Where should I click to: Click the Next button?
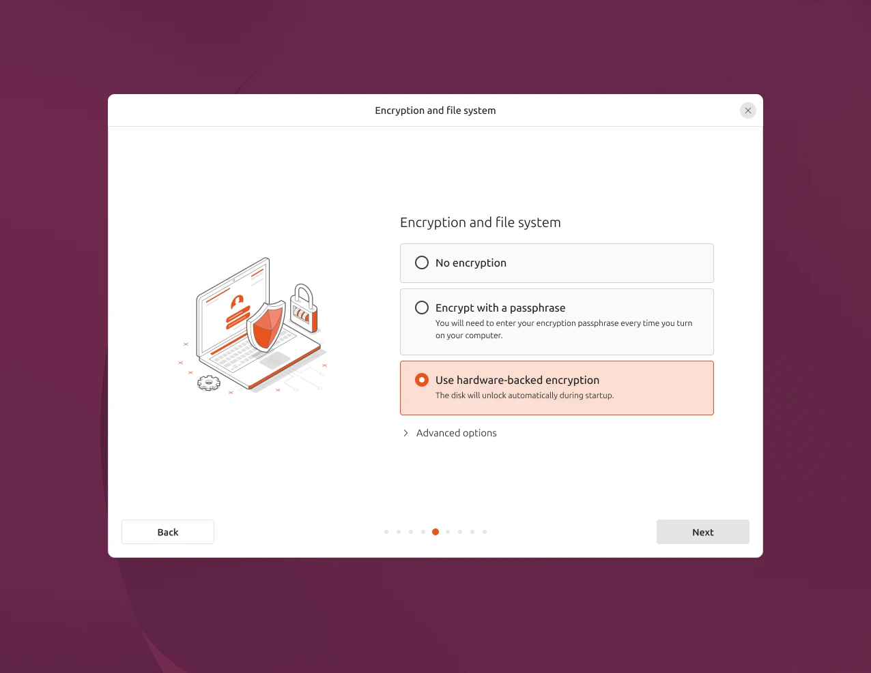(x=702, y=532)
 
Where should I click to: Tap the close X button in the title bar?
(x=748, y=110)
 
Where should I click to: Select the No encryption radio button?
(x=422, y=263)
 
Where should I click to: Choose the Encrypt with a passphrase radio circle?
(x=422, y=308)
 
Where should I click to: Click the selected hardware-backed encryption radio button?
(x=422, y=380)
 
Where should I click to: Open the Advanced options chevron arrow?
(x=405, y=433)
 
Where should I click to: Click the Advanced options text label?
(x=456, y=433)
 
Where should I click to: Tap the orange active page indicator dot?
(x=435, y=532)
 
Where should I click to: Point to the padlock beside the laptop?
(x=304, y=308)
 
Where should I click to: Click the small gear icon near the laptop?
(x=209, y=383)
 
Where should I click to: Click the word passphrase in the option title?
(x=537, y=308)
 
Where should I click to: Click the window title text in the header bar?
(x=435, y=110)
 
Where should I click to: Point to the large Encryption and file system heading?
(x=480, y=222)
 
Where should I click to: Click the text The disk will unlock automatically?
(x=496, y=395)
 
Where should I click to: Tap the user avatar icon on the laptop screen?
(x=238, y=301)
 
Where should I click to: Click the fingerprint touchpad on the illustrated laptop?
(x=274, y=360)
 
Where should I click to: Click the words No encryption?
(x=471, y=263)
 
